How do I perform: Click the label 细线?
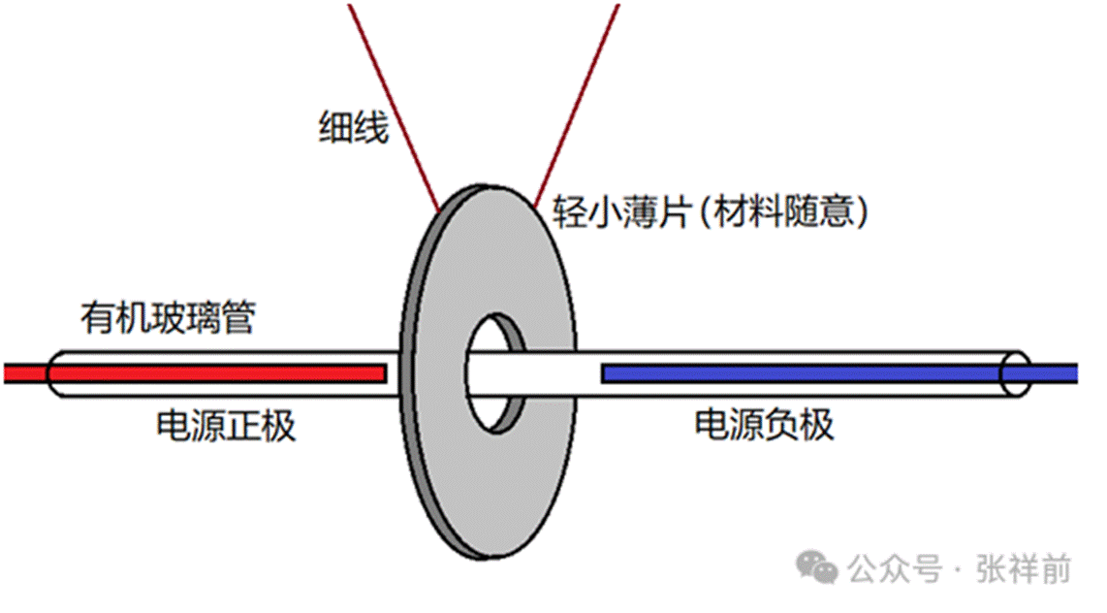pyautogui.click(x=354, y=127)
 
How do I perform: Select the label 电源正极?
pyautogui.click(x=225, y=426)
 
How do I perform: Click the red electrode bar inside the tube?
pyautogui.click(x=218, y=372)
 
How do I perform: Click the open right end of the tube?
pyautogui.click(x=1016, y=373)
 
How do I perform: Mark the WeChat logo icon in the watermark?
pyautogui.click(x=817, y=567)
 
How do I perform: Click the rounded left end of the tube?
pyautogui.click(x=52, y=373)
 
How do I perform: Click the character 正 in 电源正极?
pyautogui.click(x=242, y=426)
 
